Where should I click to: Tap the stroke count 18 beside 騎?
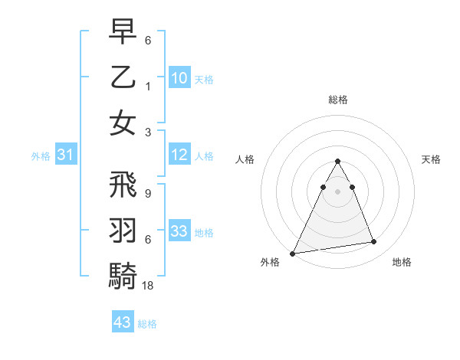[148, 285]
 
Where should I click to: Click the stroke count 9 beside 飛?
[147, 194]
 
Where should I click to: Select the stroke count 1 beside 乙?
[147, 86]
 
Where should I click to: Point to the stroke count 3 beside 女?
[147, 132]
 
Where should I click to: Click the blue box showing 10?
[179, 77]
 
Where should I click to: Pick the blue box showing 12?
[179, 155]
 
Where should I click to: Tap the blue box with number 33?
[179, 231]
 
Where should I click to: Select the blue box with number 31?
[65, 155]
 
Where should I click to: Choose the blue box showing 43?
[123, 322]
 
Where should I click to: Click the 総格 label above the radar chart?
[337, 100]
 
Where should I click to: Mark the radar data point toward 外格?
[293, 254]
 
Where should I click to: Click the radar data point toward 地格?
[374, 242]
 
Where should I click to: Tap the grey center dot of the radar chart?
[337, 191]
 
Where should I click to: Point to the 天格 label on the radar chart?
[432, 159]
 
